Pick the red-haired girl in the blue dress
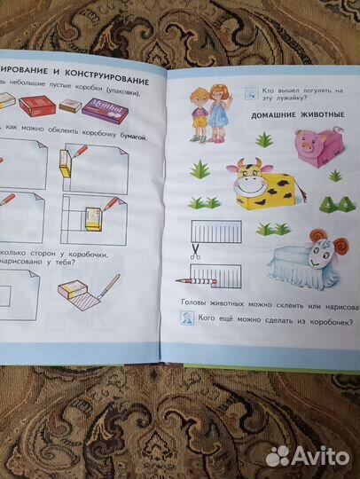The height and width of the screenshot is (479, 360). coord(217,110)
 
